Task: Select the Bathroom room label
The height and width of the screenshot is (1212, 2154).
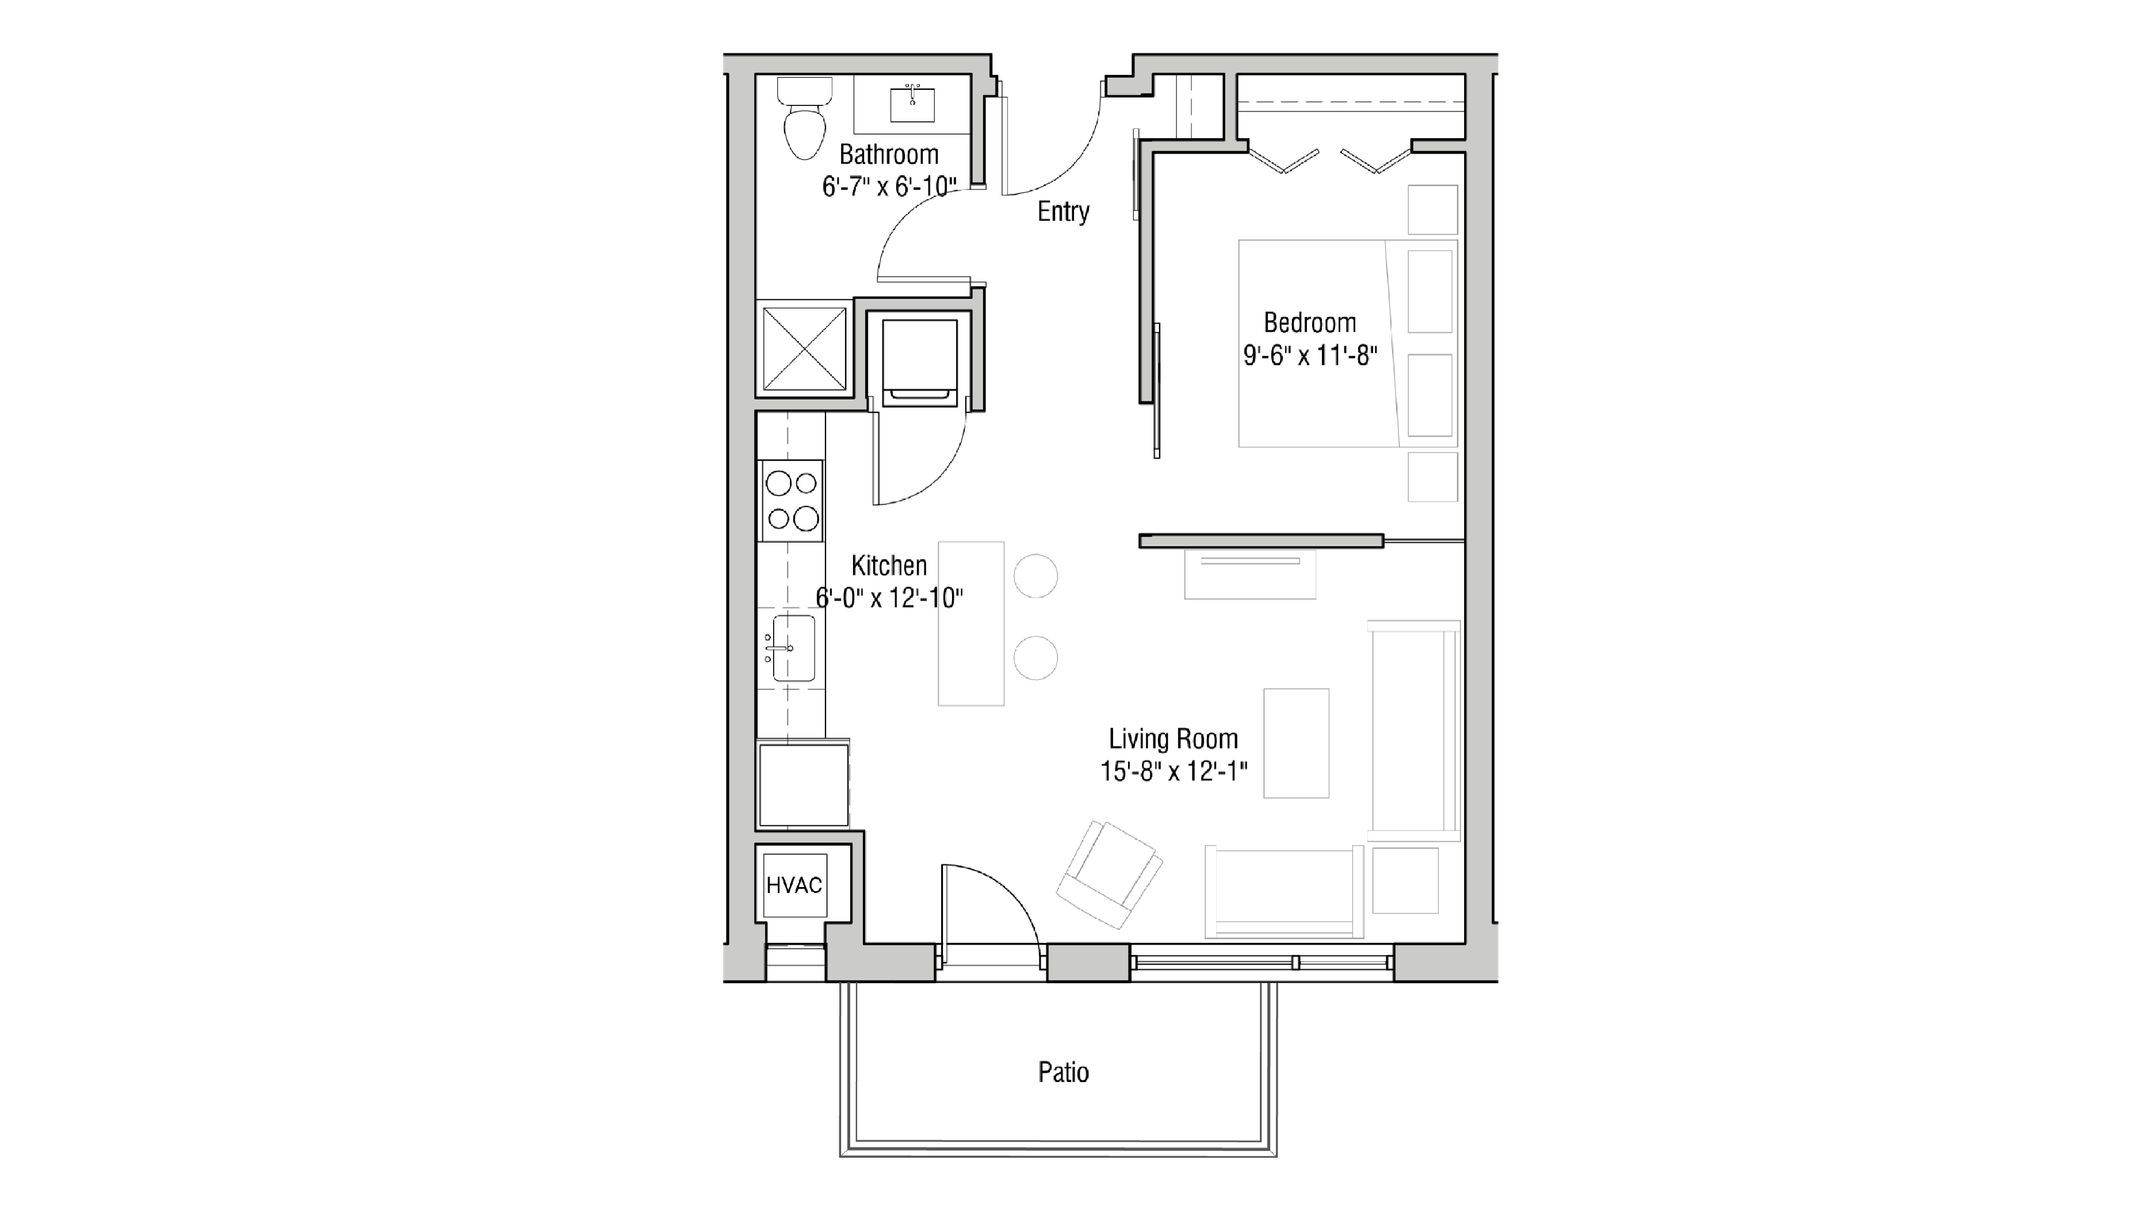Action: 889,155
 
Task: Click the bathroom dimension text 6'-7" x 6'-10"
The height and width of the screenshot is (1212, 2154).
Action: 889,187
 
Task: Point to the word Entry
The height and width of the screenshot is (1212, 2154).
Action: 1063,212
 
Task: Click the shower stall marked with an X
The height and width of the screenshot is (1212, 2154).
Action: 804,348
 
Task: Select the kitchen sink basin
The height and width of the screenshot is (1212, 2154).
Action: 793,648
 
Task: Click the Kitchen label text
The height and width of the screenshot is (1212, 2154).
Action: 889,566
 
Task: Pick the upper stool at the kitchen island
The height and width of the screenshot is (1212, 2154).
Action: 1035,576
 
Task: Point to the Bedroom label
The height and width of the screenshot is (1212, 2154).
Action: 1310,323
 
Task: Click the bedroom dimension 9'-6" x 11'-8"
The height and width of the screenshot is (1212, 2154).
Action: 1310,356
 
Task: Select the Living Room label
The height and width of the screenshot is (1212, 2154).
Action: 1173,739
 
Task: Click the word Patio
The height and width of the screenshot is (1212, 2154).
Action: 1063,1073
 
